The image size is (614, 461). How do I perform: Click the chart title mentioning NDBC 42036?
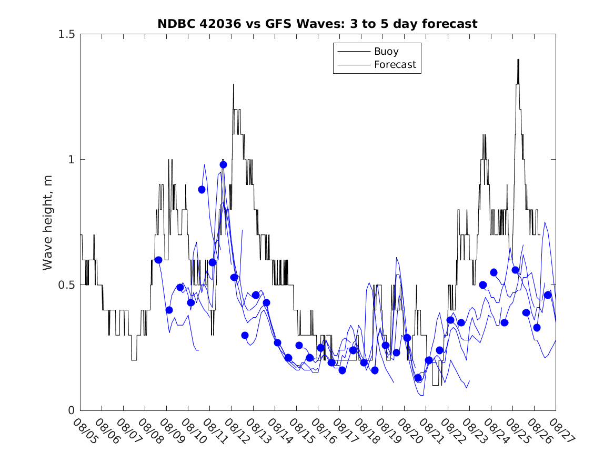click(x=317, y=24)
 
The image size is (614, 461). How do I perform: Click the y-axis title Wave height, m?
click(x=48, y=222)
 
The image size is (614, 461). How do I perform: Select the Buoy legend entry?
click(x=386, y=52)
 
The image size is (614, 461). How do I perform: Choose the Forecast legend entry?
click(x=395, y=65)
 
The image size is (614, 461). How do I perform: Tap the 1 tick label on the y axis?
click(x=72, y=160)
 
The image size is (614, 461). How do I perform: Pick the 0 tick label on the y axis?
click(x=72, y=410)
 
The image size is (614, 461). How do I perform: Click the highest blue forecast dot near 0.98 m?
click(x=223, y=164)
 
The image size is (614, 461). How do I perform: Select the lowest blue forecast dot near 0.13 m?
click(x=418, y=378)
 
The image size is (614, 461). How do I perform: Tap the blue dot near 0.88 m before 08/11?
click(x=202, y=190)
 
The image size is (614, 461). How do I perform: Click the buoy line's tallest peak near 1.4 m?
click(x=518, y=60)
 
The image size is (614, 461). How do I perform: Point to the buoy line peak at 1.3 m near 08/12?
click(x=234, y=84)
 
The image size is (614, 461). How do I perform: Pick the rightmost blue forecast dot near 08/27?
click(x=548, y=295)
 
